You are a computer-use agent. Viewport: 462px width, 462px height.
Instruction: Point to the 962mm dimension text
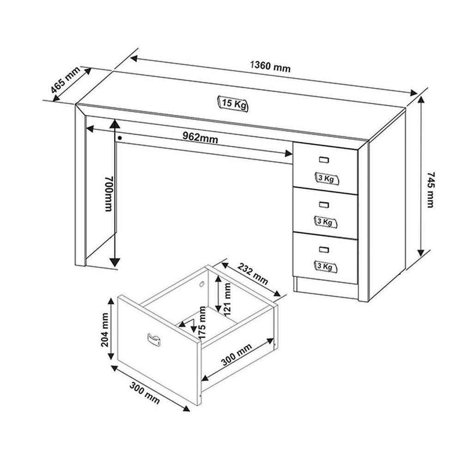[200, 138]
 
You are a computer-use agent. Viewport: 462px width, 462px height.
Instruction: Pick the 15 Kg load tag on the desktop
[232, 103]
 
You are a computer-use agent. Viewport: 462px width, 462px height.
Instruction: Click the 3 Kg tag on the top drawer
[326, 179]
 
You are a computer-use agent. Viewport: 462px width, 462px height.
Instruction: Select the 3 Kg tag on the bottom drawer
[326, 266]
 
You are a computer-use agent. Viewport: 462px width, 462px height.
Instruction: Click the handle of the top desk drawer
[324, 160]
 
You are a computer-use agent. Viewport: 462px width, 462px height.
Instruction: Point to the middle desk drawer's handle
[324, 204]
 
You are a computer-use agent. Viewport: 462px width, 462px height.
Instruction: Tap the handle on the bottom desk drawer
[324, 249]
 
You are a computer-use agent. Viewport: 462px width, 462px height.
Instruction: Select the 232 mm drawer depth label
[253, 274]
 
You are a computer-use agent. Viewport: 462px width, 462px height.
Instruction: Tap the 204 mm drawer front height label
[104, 329]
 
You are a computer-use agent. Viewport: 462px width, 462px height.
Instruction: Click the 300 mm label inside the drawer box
[237, 354]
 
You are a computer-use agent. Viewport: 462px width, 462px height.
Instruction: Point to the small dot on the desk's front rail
[120, 137]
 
